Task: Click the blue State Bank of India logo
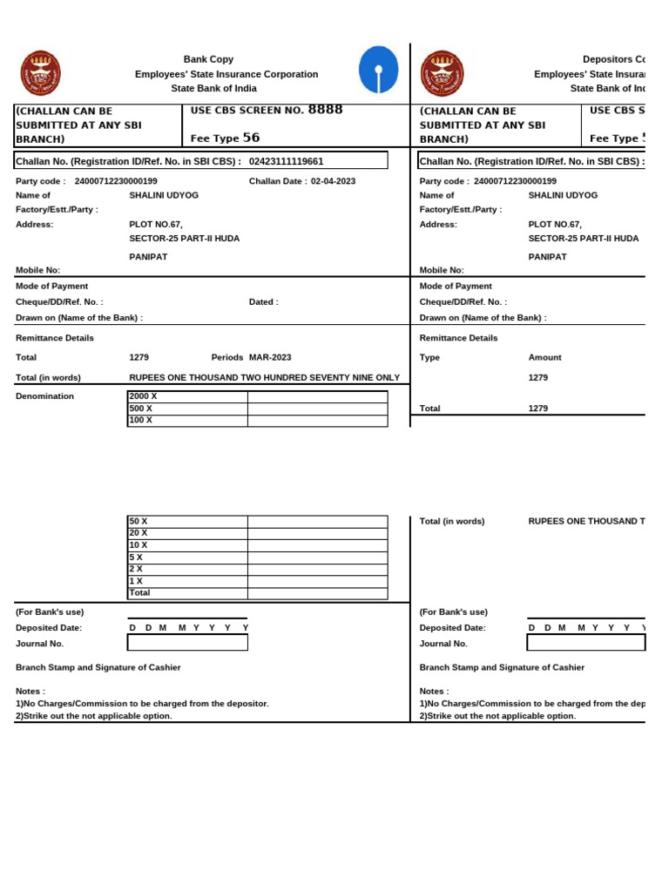379,70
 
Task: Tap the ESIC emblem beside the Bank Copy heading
40,73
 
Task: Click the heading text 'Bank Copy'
208,59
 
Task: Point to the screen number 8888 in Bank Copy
326,110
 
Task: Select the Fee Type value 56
251,138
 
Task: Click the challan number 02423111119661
286,161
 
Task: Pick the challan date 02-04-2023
333,181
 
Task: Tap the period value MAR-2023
270,357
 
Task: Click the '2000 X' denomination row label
143,396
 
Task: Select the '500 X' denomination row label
140,408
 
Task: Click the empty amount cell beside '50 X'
317,522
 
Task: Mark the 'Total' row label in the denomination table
139,592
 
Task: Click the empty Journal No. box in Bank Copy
187,643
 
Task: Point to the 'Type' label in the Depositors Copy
429,357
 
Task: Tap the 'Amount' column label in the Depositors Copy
544,357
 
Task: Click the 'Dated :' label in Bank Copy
264,302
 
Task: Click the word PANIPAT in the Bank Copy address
148,257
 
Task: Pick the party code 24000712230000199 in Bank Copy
116,181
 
